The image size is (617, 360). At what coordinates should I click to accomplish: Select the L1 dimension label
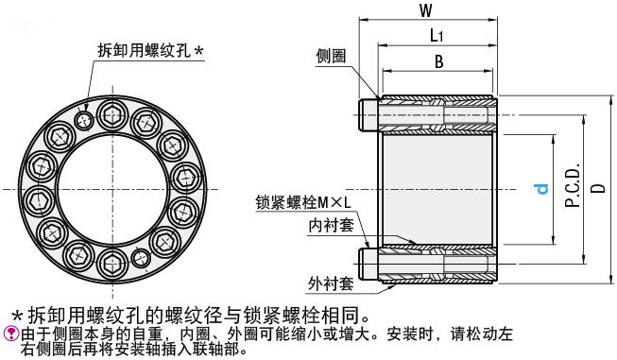pyautogui.click(x=437, y=37)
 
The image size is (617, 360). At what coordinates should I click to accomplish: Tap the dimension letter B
pyautogui.click(x=437, y=62)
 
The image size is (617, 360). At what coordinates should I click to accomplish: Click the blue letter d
pyautogui.click(x=542, y=189)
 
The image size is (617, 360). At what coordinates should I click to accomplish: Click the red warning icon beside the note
pyautogui.click(x=10, y=331)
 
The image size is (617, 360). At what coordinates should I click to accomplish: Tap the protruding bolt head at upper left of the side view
pyautogui.click(x=368, y=115)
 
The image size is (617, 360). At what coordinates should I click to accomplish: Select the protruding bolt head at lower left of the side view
pyautogui.click(x=368, y=262)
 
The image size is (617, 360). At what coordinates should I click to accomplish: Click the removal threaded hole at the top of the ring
pyautogui.click(x=86, y=119)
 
